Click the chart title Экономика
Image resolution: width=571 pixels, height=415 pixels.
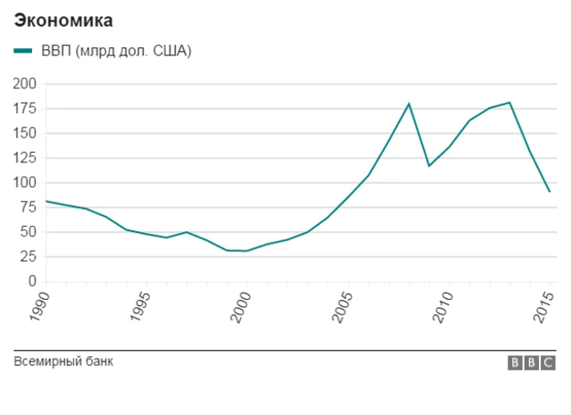point(63,19)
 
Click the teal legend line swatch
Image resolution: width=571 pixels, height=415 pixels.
point(24,51)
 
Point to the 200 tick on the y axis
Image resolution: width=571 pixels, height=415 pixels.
point(24,84)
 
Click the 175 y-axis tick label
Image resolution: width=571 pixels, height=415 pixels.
point(24,109)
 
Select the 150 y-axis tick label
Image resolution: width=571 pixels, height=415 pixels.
point(24,133)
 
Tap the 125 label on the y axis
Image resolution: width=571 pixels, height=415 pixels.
point(24,158)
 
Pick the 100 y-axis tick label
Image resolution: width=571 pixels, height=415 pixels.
point(24,183)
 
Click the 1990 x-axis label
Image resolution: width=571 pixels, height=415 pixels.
point(39,304)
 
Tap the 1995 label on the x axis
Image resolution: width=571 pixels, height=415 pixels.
point(140,304)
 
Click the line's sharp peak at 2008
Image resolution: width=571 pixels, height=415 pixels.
point(409,104)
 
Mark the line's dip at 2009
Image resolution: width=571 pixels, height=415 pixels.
point(429,165)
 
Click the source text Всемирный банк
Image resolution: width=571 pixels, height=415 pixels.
point(63,361)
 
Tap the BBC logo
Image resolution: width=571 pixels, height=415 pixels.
point(532,363)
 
